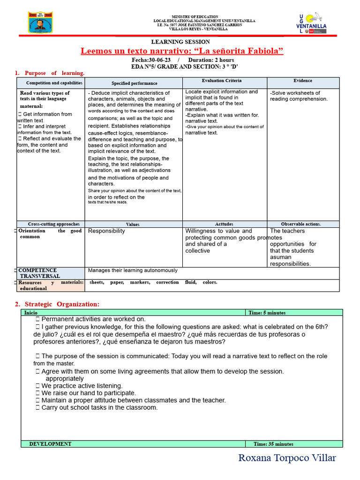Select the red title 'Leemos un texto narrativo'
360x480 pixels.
(182, 51)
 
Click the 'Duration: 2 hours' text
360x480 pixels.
(211, 60)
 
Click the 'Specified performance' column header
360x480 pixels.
(135, 83)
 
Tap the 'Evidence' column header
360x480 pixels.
(303, 81)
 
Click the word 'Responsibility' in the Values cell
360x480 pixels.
(107, 231)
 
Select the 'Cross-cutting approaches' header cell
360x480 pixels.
(54, 224)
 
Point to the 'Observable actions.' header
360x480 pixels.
(301, 224)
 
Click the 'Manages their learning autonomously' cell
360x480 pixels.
(133, 270)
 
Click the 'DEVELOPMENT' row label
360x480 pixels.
(50, 444)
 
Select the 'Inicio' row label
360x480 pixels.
(31, 313)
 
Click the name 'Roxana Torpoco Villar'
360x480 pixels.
(287, 458)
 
